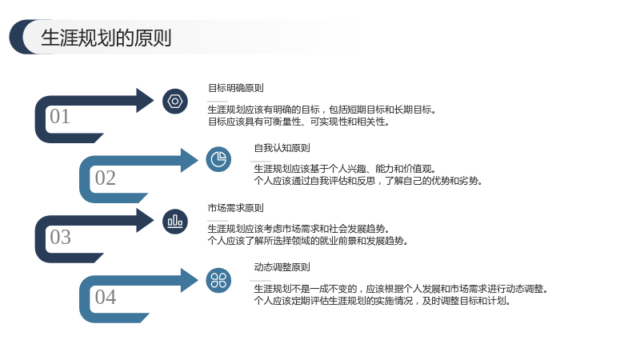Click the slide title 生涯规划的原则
click(106, 38)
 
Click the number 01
click(60, 116)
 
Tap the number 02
click(106, 178)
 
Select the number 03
click(61, 237)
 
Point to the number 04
click(106, 297)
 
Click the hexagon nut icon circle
click(175, 102)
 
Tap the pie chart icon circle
click(218, 159)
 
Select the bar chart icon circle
click(175, 222)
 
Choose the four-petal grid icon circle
click(218, 281)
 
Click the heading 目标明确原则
click(236, 88)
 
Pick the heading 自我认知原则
click(282, 148)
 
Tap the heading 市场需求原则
click(235, 208)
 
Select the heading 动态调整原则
click(282, 267)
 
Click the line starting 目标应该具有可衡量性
click(298, 122)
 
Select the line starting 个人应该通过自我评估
click(368, 181)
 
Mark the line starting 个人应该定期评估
click(382, 302)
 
